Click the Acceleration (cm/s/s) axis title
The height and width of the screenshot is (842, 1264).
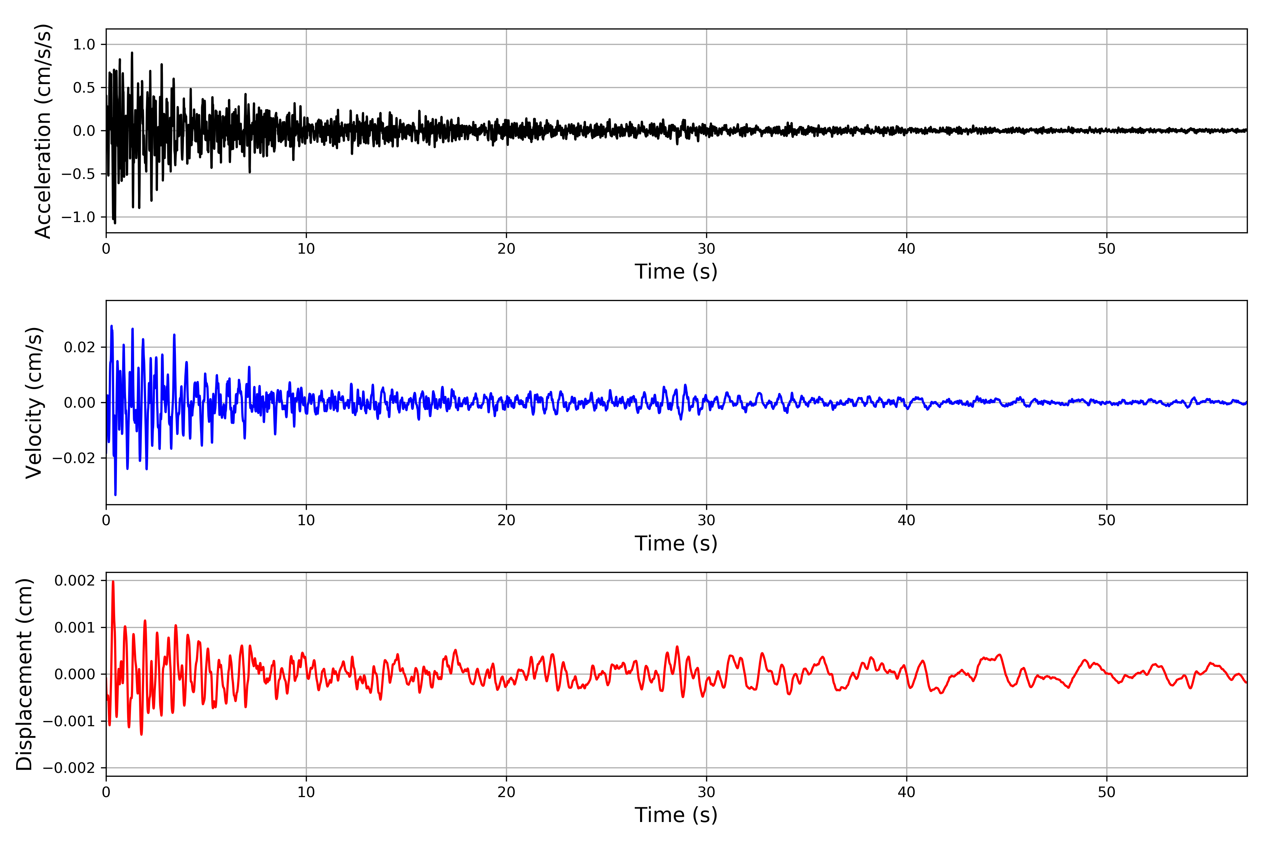click(42, 131)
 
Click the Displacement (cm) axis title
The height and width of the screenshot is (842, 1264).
click(24, 674)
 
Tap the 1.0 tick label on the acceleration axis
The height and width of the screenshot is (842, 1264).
click(84, 45)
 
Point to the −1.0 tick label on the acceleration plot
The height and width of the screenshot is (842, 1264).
click(78, 217)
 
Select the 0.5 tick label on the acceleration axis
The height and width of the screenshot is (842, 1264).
click(84, 87)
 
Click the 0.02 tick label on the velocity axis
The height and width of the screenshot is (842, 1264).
click(80, 347)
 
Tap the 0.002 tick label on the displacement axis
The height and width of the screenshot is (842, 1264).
click(75, 581)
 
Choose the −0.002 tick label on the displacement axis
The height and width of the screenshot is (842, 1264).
click(69, 768)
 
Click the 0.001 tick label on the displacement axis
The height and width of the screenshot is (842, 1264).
click(75, 627)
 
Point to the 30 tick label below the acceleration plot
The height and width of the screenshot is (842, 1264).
click(706, 249)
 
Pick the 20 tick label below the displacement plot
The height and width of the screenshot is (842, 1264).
click(506, 792)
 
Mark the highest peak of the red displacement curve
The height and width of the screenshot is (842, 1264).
click(113, 582)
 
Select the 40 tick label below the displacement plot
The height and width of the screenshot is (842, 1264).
click(906, 792)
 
